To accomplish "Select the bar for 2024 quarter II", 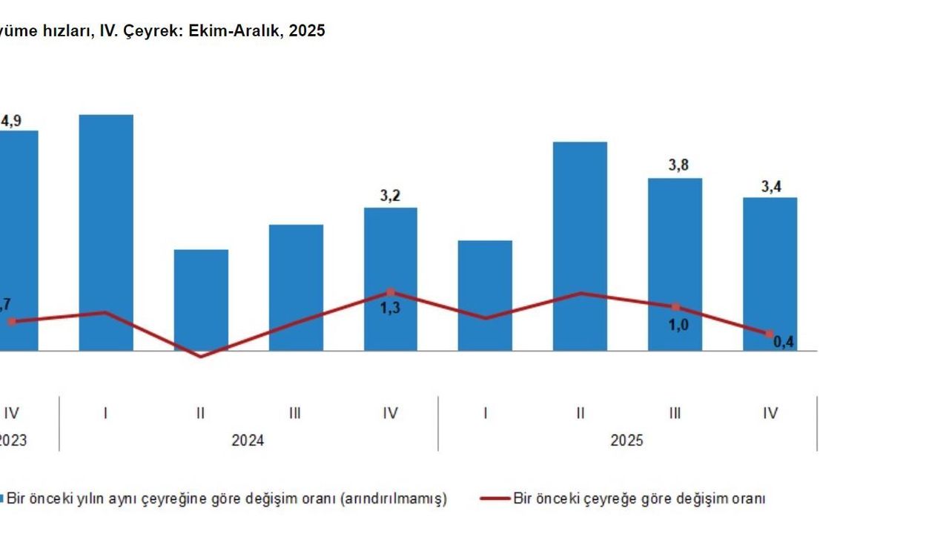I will (x=201, y=297).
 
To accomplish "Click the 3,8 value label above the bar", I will (x=678, y=165).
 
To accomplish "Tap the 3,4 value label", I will (x=771, y=186).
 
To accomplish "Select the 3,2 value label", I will (x=390, y=196).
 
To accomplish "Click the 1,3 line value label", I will (x=390, y=308).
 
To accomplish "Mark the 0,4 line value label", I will (x=784, y=342).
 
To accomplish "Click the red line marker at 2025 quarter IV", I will (x=770, y=334).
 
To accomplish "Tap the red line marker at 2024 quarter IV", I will (x=391, y=292).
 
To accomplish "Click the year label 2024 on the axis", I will (x=248, y=441).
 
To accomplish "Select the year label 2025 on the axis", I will (x=626, y=441).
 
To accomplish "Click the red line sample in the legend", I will (x=495, y=499).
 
